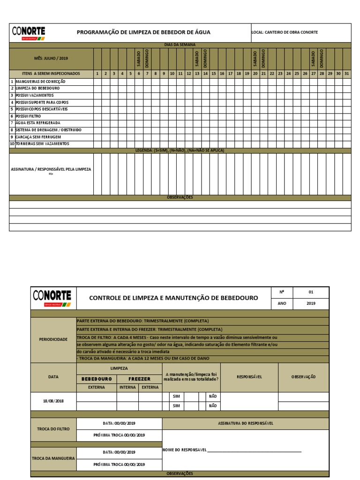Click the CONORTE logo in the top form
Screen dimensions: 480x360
(28, 33)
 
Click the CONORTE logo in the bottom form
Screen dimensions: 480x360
(52, 298)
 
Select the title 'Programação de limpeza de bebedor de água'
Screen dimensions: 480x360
(143, 32)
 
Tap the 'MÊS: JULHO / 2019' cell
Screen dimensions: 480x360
(51, 59)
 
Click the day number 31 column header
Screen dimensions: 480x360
(346, 74)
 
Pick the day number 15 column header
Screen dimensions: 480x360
(213, 74)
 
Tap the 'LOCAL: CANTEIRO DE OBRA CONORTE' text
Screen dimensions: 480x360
(285, 32)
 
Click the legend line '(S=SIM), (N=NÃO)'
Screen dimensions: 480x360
(180, 150)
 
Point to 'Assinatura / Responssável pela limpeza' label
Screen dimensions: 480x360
(51, 171)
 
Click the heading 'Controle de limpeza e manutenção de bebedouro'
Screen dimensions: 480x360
(173, 298)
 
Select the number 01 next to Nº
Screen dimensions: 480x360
(310, 292)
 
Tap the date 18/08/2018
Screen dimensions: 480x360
(53, 401)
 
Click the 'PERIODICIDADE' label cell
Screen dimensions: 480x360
(53, 339)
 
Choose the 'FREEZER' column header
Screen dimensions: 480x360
(139, 379)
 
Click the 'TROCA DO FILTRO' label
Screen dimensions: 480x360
(53, 429)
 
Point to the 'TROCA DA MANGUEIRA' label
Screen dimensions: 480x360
(53, 458)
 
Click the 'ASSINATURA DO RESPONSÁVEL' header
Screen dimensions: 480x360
(245, 423)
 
